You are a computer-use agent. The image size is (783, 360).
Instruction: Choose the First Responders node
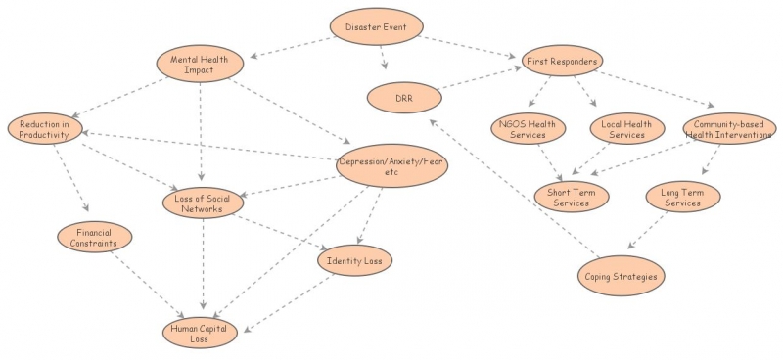click(561, 62)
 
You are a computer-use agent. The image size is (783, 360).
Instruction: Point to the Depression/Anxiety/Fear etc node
click(391, 166)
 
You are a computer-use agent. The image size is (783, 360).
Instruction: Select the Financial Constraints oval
click(93, 238)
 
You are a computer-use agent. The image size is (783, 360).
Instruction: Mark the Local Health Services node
click(627, 128)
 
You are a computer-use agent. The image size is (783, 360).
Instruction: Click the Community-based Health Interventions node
click(729, 128)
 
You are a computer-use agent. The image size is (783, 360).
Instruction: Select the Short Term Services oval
click(572, 196)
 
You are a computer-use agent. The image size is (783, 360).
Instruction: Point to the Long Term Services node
click(683, 196)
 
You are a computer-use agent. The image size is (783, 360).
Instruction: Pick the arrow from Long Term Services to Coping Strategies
click(648, 232)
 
